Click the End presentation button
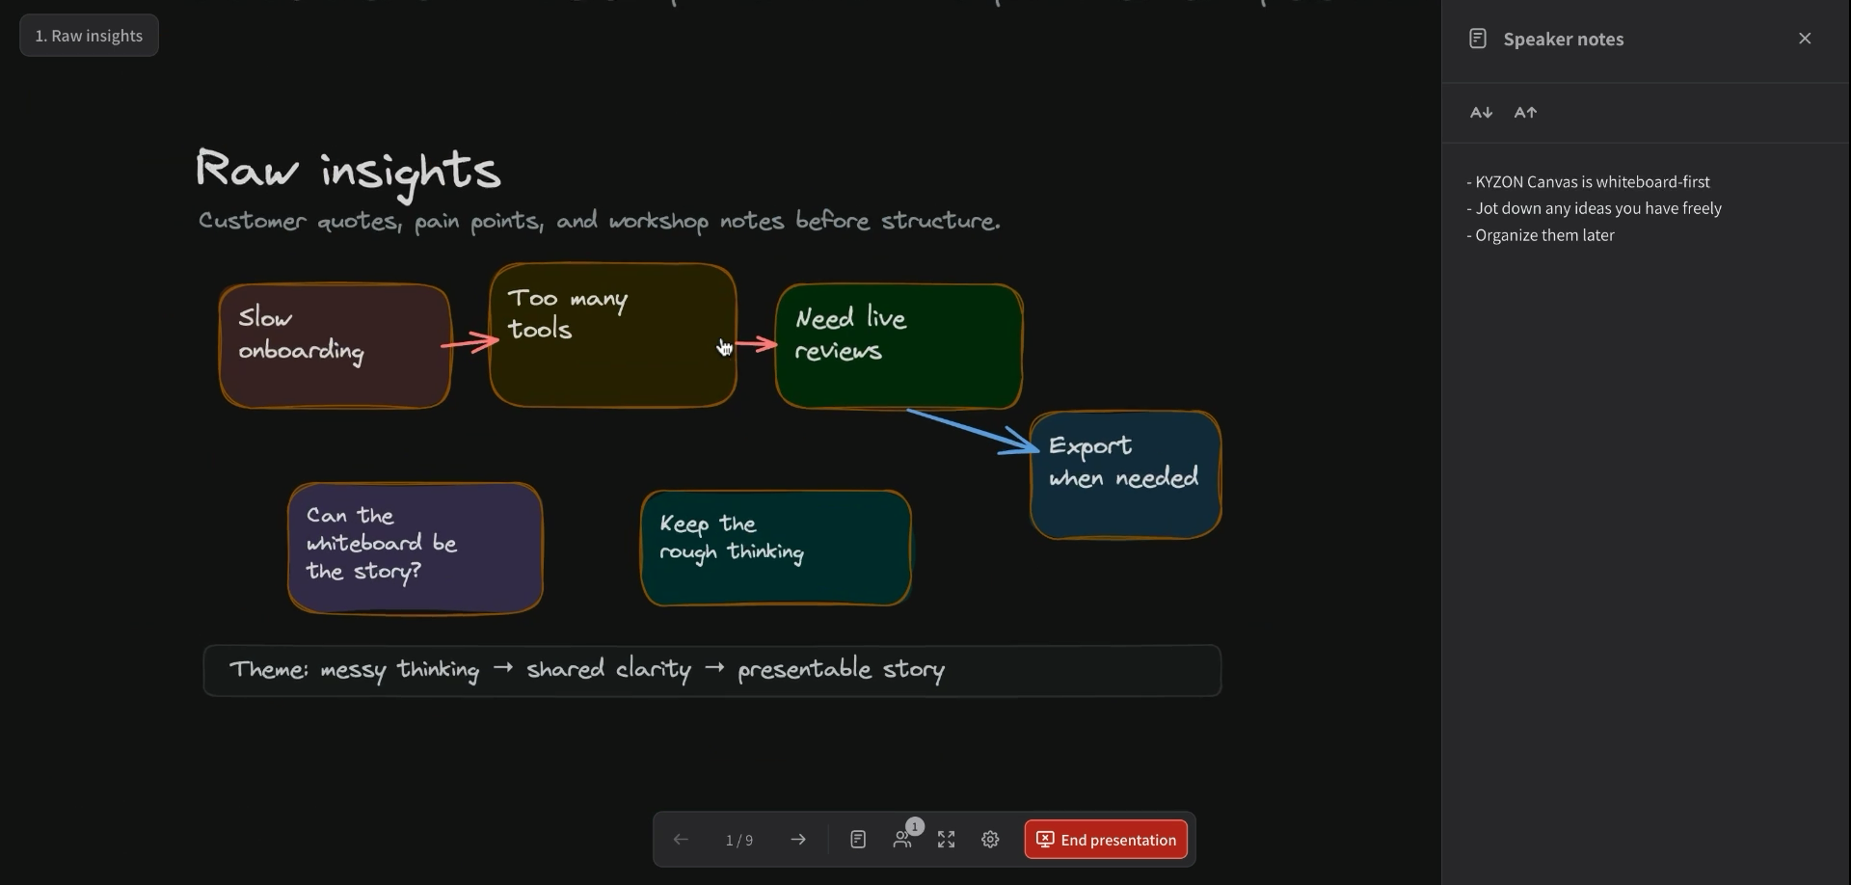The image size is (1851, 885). pyautogui.click(x=1106, y=840)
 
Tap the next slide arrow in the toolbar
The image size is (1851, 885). pyautogui.click(x=798, y=840)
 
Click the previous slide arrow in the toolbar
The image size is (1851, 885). pyautogui.click(x=681, y=840)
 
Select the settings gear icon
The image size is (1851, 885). pyautogui.click(x=990, y=840)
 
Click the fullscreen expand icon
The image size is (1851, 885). pyautogui.click(x=947, y=840)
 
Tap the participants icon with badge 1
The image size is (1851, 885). pyautogui.click(x=903, y=838)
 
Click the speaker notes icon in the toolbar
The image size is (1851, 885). pyautogui.click(x=858, y=840)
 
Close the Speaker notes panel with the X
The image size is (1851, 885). pyautogui.click(x=1805, y=39)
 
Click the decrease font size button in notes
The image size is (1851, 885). pyautogui.click(x=1482, y=113)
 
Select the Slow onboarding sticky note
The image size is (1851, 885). pyautogui.click(x=335, y=345)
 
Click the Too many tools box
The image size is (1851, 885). pyautogui.click(x=613, y=335)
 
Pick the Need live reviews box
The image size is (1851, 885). pyautogui.click(x=899, y=346)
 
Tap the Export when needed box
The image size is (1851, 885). pyautogui.click(x=1126, y=474)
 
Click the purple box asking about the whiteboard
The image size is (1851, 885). pyautogui.click(x=416, y=548)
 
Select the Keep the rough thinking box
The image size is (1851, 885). pyautogui.click(x=776, y=548)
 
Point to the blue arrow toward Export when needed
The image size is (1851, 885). pyautogui.click(x=974, y=431)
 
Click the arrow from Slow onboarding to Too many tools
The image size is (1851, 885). pyautogui.click(x=470, y=342)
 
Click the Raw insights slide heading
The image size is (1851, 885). pyautogui.click(x=348, y=172)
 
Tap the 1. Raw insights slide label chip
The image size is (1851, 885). pyautogui.click(x=89, y=36)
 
